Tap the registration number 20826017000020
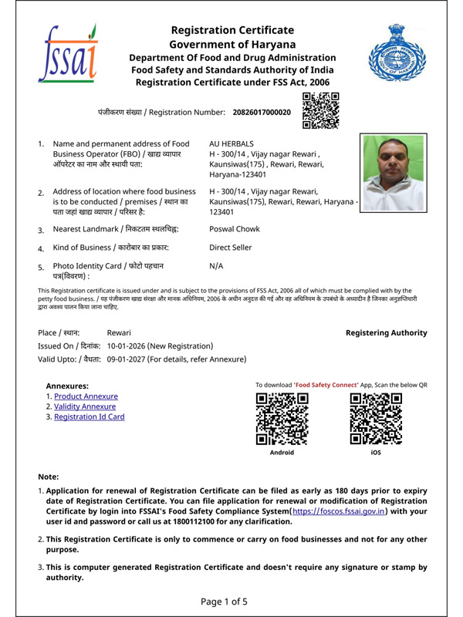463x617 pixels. (262, 113)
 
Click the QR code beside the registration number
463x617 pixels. (319, 110)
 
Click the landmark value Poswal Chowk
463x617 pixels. (235, 229)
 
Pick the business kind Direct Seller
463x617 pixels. (235, 249)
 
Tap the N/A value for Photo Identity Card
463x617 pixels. (217, 265)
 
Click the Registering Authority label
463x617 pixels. (386, 332)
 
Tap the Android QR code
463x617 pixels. (282, 419)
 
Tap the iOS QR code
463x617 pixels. (376, 419)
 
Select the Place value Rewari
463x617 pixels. (119, 332)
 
